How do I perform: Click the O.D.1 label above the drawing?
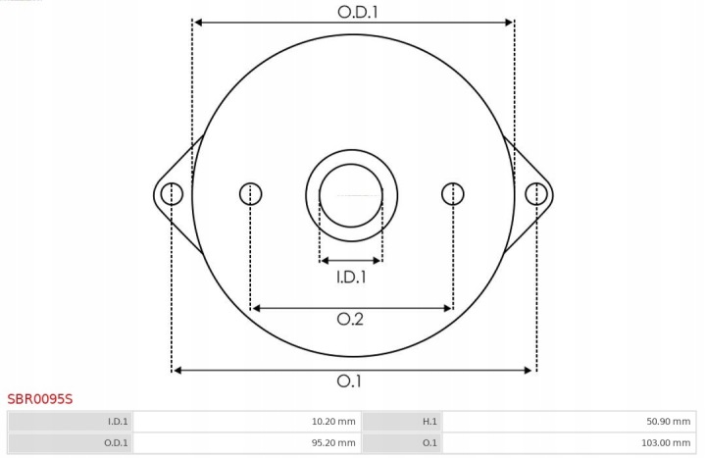point(358,12)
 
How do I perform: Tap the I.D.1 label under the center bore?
point(351,277)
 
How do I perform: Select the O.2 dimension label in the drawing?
point(350,320)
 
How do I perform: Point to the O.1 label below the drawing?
point(349,381)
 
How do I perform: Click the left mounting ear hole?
point(172,194)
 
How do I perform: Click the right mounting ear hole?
point(536,194)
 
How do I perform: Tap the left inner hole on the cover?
point(250,194)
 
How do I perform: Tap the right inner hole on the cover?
point(453,194)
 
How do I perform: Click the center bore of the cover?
point(351,195)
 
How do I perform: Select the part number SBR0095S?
point(39,399)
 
